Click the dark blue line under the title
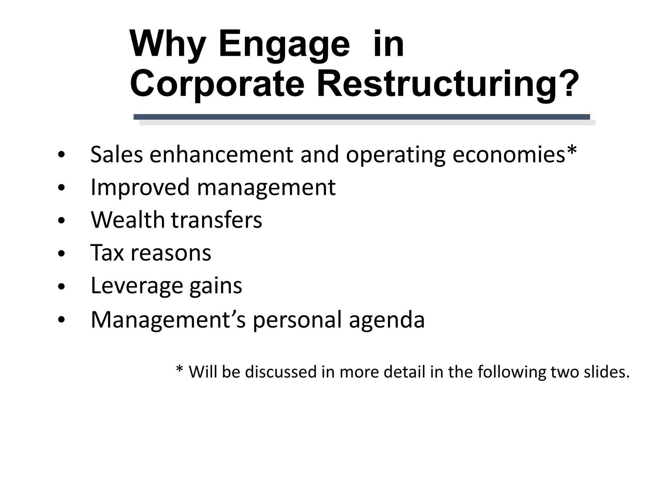tap(361, 117)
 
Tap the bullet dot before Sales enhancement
tap(61, 155)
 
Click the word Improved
tap(140, 188)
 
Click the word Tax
tap(107, 252)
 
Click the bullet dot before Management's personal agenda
tap(61, 320)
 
